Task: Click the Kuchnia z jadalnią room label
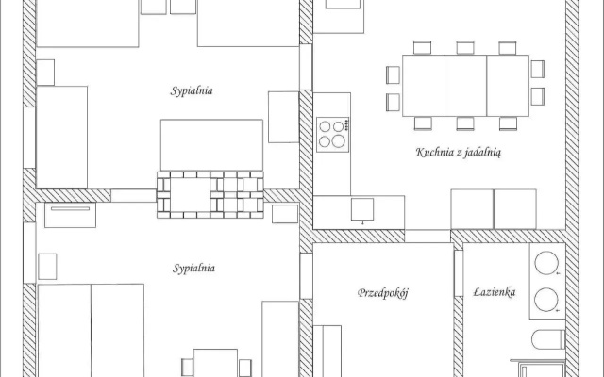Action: (x=459, y=153)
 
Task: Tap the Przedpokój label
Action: (x=382, y=293)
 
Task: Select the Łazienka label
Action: (x=495, y=292)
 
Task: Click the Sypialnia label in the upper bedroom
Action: (x=192, y=90)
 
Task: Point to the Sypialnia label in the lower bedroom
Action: (x=193, y=268)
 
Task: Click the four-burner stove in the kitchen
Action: (x=333, y=134)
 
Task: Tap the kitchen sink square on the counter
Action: (x=362, y=209)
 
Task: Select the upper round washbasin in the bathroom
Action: (x=546, y=263)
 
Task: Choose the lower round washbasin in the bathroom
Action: (x=546, y=300)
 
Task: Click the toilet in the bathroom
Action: (x=548, y=339)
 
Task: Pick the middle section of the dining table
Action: (x=465, y=86)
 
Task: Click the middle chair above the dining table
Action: (x=465, y=48)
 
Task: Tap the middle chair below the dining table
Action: (x=465, y=123)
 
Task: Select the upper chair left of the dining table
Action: (x=394, y=74)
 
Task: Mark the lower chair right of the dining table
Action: (x=538, y=96)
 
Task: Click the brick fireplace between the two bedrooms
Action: (x=210, y=195)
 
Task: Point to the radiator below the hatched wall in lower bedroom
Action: (x=70, y=215)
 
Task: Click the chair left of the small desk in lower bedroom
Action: (x=187, y=368)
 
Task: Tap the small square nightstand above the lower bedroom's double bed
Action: (x=47, y=266)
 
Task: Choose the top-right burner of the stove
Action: (x=338, y=126)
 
